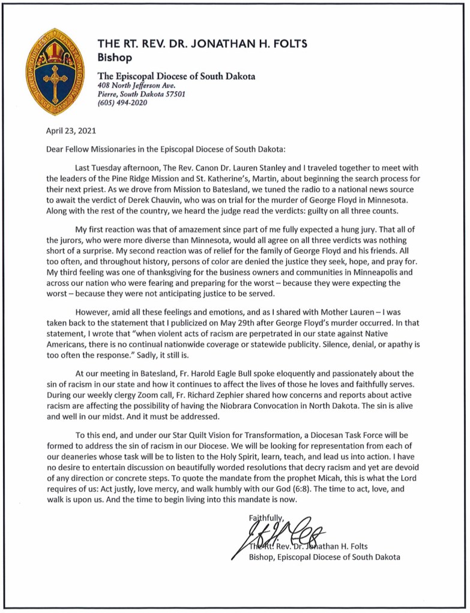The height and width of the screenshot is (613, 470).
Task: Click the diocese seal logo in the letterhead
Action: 55,72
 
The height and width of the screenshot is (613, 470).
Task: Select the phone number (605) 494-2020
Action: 122,102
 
